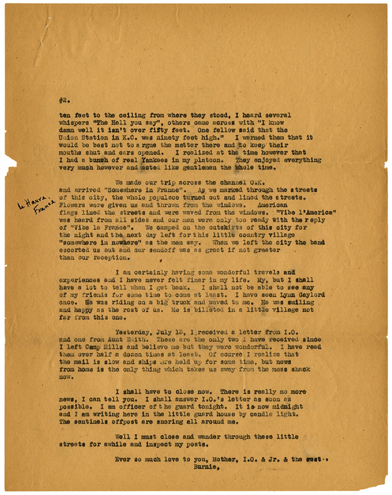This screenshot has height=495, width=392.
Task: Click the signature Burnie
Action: click(206, 467)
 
